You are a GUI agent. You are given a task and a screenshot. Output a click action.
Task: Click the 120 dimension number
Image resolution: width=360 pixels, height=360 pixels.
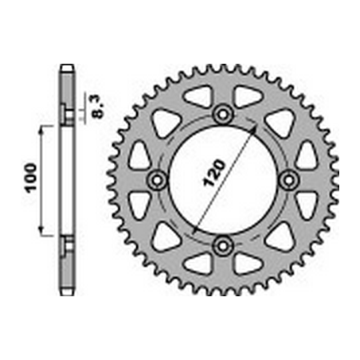coord(214,173)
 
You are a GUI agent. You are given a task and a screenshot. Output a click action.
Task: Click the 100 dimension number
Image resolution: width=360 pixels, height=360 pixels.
coord(30,178)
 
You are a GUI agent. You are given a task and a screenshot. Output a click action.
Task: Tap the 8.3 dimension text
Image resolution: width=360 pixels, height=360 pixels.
coord(98,108)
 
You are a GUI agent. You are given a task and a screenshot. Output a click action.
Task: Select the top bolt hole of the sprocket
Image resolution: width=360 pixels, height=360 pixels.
coord(223,115)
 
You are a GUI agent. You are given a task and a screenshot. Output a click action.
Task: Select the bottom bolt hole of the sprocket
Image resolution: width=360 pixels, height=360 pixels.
coord(223,245)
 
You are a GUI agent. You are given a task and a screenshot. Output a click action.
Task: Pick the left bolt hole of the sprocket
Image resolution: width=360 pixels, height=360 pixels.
coord(158,181)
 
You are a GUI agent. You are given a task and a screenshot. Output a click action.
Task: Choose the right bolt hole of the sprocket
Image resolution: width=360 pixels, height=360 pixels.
coord(289,181)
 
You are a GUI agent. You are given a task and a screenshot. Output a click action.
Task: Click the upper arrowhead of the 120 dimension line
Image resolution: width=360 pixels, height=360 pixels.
coord(253,129)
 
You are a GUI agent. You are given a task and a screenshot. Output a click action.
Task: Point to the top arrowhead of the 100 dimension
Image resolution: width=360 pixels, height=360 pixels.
coord(41,130)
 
